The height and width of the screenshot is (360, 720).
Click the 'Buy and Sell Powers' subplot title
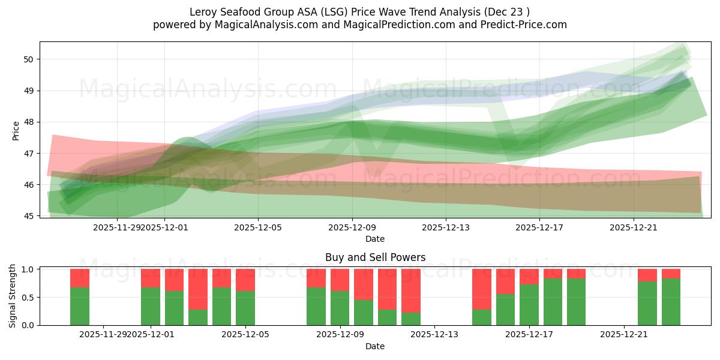(375, 257)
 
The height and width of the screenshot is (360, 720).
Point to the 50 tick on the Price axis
(29, 59)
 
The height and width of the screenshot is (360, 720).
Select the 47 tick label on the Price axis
(29, 154)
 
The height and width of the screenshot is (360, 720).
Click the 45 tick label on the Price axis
(29, 216)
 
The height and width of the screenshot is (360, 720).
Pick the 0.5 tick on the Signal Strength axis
(27, 298)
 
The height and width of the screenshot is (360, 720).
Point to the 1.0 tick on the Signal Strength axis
(27, 269)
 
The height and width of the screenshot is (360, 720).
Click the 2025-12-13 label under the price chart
(446, 227)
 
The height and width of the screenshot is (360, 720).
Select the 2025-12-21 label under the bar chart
(624, 335)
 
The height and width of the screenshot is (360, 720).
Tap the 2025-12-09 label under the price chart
(352, 227)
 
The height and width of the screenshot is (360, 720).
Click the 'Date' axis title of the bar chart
(375, 346)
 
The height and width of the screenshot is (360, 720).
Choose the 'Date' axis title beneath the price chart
(375, 239)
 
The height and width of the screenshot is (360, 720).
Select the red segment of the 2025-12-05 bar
(245, 280)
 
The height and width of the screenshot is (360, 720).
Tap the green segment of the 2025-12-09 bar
(340, 308)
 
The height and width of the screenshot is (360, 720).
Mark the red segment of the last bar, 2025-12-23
(671, 274)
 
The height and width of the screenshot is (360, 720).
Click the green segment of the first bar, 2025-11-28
(80, 306)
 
